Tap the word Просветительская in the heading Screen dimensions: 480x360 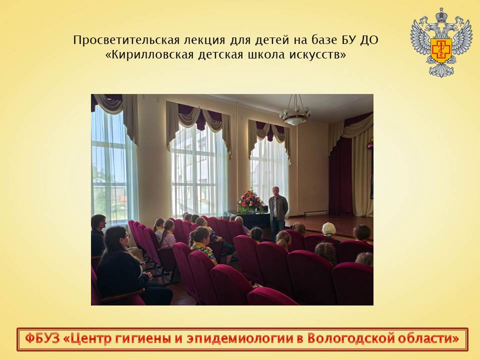[126, 40]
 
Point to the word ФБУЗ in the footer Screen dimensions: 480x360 [41, 339]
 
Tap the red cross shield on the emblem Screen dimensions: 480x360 [441, 49]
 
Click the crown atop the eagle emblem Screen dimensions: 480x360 [441, 14]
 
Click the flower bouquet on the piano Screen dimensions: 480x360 [250, 201]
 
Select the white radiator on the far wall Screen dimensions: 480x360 [315, 213]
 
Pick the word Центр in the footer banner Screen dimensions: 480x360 [86, 339]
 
